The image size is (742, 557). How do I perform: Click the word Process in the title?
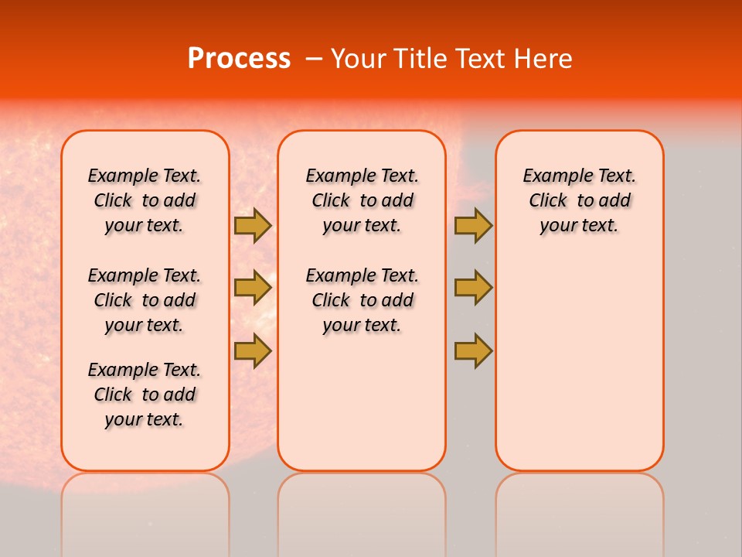[x=239, y=59]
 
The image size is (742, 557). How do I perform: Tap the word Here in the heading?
[x=543, y=59]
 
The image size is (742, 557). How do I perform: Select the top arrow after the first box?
[x=252, y=226]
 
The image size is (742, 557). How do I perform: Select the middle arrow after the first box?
[x=252, y=288]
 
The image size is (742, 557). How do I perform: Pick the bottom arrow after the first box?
[x=252, y=350]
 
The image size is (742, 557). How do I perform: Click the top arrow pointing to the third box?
[x=473, y=226]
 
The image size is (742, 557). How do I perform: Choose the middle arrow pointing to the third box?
[x=473, y=288]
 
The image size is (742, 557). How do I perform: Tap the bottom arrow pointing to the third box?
[x=473, y=350]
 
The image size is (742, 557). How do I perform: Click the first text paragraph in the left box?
[x=145, y=200]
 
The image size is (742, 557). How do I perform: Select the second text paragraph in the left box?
[x=145, y=300]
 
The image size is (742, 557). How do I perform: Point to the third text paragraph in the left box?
[x=145, y=395]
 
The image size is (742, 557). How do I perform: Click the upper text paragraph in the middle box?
[x=362, y=200]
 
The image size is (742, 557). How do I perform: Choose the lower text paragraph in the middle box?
[x=362, y=300]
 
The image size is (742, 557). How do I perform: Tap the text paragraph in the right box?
[x=579, y=200]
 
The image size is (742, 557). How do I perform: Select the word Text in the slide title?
[x=482, y=59]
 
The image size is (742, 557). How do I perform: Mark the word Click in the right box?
[x=548, y=201]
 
